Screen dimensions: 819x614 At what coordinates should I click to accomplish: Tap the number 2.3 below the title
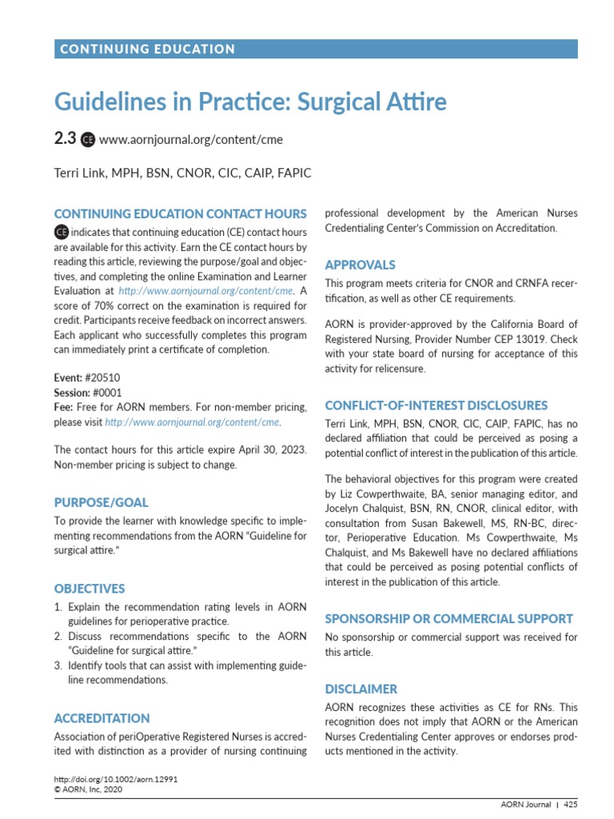[65, 139]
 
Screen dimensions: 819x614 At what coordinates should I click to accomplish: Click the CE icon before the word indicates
[61, 232]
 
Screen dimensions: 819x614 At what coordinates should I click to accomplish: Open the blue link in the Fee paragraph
[193, 421]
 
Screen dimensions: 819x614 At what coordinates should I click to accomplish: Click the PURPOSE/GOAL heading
[101, 503]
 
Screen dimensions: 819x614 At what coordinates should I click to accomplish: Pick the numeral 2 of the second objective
[58, 636]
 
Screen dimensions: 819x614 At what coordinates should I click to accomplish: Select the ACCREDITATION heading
[102, 718]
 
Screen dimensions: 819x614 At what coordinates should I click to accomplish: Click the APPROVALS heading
[360, 265]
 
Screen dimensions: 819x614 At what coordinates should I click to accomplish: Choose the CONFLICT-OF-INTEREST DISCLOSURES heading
[436, 406]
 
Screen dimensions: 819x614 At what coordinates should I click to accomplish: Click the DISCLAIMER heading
[361, 689]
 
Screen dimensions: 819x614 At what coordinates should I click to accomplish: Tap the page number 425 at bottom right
[570, 805]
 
